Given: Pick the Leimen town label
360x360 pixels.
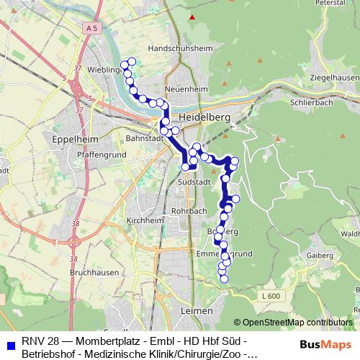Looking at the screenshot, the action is coord(199,310).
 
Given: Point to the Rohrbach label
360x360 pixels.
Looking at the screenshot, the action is coord(192,210).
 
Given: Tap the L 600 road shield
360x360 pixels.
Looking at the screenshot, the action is coord(271,297).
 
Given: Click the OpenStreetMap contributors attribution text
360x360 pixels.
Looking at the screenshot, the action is coord(293,323).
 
